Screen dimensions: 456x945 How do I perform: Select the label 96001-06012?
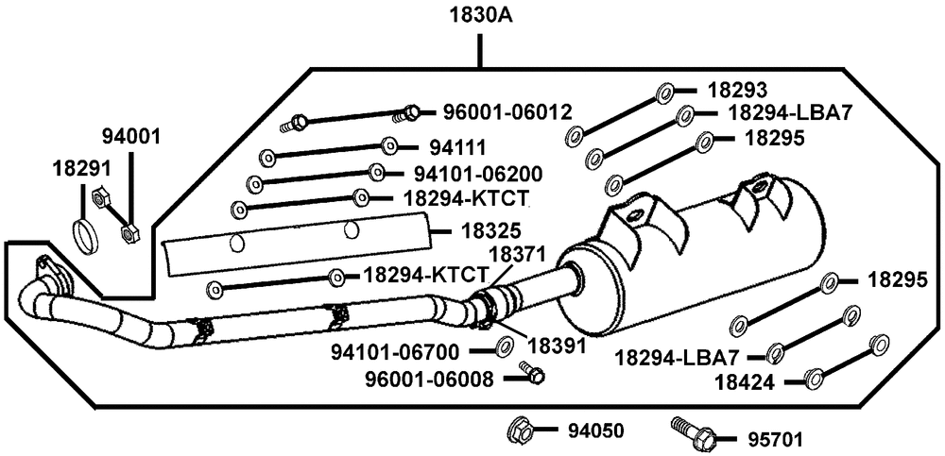(x=507, y=111)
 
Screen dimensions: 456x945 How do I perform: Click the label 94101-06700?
(x=395, y=353)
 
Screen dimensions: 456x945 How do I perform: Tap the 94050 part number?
(x=595, y=431)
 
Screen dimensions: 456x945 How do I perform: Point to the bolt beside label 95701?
(x=692, y=433)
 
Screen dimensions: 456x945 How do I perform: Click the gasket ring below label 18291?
(x=85, y=233)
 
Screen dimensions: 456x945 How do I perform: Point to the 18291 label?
(x=81, y=168)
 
